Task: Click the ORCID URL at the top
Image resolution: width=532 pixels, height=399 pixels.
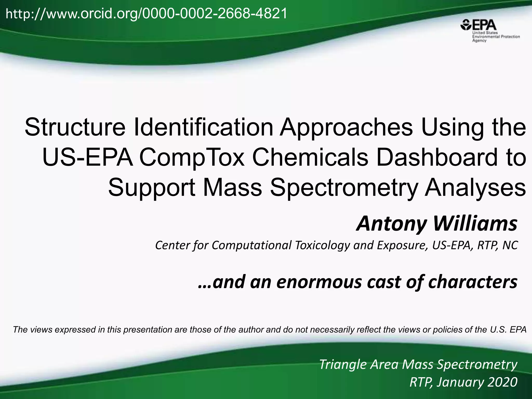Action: click(146, 14)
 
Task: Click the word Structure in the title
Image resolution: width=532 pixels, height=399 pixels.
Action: click(75, 127)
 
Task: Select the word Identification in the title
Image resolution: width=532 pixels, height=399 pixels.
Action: click(203, 127)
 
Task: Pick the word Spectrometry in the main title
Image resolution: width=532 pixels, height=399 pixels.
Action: click(343, 188)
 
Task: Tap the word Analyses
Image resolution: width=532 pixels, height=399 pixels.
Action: click(475, 188)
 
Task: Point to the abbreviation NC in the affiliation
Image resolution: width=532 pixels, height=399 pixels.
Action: click(510, 245)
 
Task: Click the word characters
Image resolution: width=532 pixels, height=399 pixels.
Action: click(473, 282)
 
